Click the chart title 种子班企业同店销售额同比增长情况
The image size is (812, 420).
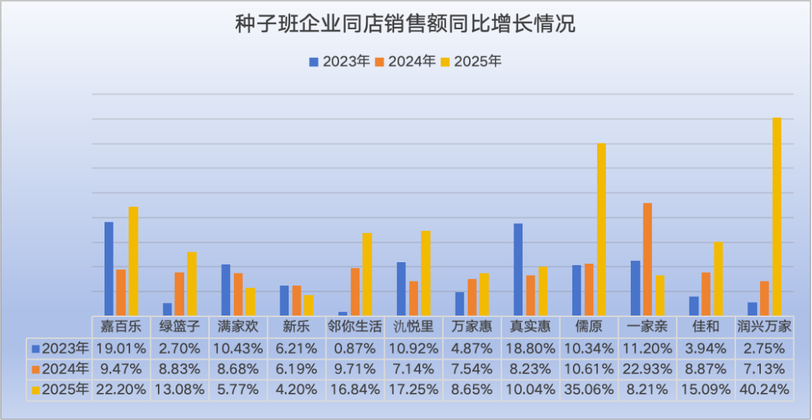pos(405,24)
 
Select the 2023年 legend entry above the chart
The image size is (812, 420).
pos(338,62)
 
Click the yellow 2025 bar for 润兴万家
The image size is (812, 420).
pos(777,216)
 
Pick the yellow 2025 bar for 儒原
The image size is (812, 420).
pos(601,229)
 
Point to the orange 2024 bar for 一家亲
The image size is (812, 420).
pos(647,259)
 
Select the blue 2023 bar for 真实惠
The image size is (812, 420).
pos(518,269)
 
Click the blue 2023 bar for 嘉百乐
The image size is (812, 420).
pos(109,268)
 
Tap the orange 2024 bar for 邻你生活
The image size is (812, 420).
pos(355,292)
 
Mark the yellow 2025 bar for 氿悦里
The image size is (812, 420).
pos(426,273)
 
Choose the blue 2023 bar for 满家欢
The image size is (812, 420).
pos(226,289)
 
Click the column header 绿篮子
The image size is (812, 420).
pos(180,327)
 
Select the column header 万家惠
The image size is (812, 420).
pos(471,327)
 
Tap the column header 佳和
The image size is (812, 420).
pos(705,327)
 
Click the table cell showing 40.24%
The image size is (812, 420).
pos(764,390)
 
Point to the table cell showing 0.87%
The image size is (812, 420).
pos(355,348)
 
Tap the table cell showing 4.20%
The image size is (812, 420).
pos(297,390)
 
